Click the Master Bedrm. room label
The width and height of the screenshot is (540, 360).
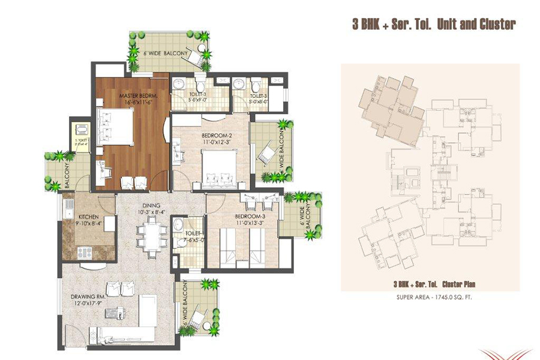click(122, 96)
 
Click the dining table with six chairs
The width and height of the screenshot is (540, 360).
click(149, 234)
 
